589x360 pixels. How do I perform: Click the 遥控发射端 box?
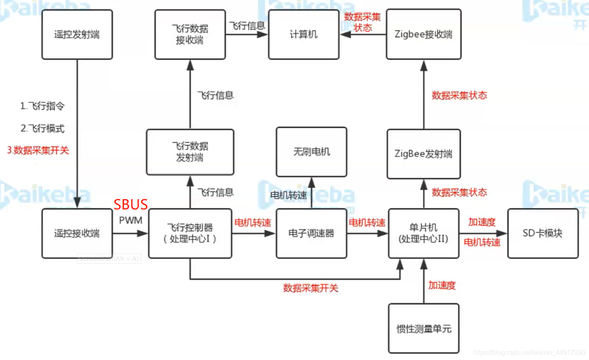(77, 35)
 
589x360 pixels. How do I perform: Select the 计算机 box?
(304, 35)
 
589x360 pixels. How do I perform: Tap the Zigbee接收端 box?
(423, 35)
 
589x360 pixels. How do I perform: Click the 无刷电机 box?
(311, 152)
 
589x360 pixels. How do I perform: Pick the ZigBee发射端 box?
(423, 154)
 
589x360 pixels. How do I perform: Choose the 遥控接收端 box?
(77, 233)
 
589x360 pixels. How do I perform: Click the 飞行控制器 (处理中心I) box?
(190, 233)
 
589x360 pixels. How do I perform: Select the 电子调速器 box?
(311, 233)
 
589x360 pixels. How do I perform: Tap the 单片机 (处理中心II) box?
(423, 233)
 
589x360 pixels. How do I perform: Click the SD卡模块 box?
(543, 233)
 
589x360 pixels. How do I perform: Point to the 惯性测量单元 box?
(424, 328)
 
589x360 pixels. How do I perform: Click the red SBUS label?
(130, 204)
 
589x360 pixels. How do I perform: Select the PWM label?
(130, 221)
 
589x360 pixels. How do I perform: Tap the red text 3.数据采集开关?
(38, 150)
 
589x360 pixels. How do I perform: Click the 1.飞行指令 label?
(42, 106)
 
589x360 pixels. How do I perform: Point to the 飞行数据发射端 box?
(190, 152)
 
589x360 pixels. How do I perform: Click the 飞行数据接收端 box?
(190, 35)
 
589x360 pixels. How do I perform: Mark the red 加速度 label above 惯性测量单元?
(442, 285)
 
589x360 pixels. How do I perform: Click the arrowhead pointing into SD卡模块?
(502, 233)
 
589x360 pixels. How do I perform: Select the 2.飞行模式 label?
(42, 128)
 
